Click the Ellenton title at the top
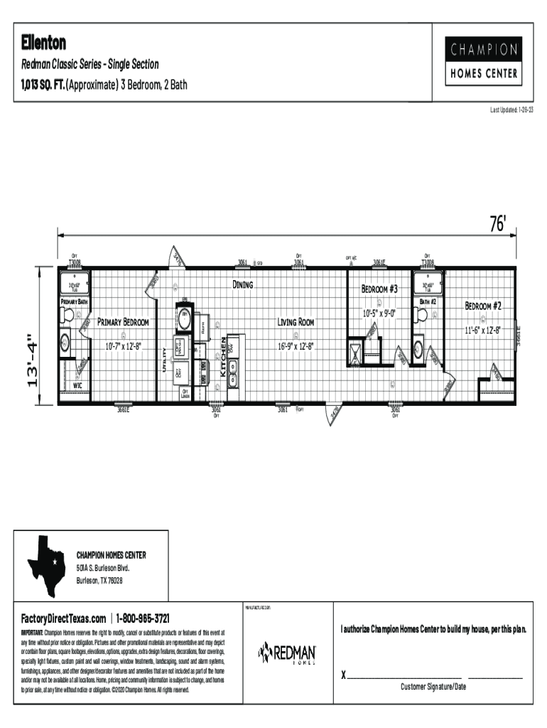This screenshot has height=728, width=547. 43,43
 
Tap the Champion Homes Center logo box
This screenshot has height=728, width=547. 482,61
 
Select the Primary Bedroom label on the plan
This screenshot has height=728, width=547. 123,322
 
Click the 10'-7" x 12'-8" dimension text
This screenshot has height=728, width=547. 123,346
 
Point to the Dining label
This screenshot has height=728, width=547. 243,284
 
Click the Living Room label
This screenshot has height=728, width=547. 296,322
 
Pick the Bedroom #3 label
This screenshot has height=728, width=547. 379,289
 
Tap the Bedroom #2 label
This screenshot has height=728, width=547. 483,306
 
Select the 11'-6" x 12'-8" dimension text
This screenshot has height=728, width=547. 483,331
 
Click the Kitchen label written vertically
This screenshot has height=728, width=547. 222,356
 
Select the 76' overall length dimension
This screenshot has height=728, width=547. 498,225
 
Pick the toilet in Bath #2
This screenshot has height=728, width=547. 419,349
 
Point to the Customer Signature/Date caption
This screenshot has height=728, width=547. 433,687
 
